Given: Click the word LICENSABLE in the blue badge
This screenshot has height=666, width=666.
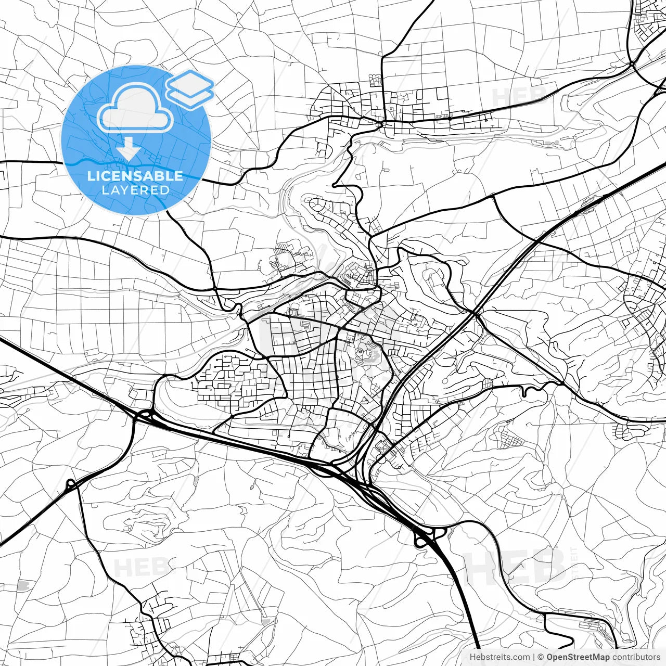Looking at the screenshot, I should (x=135, y=176).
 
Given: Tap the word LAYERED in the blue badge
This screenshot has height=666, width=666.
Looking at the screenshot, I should (x=135, y=190).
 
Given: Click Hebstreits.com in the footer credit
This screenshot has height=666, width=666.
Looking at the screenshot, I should (x=499, y=657).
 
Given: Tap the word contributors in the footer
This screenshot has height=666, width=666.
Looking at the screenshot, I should (x=636, y=657).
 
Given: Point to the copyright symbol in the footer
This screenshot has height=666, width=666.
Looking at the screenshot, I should (x=541, y=657).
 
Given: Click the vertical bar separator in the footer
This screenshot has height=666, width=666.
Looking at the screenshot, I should (x=534, y=657).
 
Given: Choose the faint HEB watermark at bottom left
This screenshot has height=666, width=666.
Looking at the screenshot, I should (x=140, y=566).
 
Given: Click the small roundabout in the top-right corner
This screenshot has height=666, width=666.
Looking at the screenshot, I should (x=631, y=65).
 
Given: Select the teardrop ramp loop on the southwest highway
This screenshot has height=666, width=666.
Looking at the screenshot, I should (x=70, y=485).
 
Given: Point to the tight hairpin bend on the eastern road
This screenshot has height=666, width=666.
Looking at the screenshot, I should (x=527, y=390).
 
